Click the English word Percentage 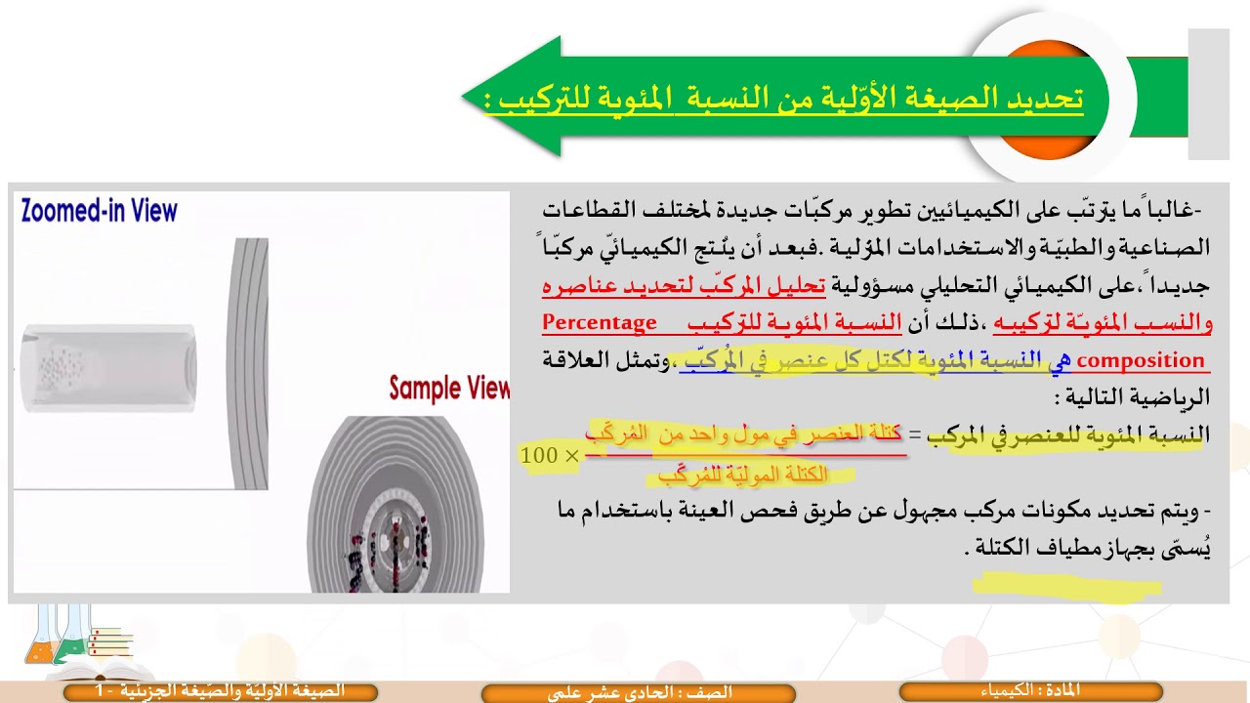point(600,323)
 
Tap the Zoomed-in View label point(99,211)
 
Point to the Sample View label point(449,389)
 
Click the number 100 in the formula point(539,456)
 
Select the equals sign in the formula point(915,436)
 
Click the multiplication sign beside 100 point(570,456)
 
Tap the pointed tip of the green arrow point(467,98)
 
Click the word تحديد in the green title point(1044,98)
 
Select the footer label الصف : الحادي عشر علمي point(640,692)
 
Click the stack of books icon point(109,642)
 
